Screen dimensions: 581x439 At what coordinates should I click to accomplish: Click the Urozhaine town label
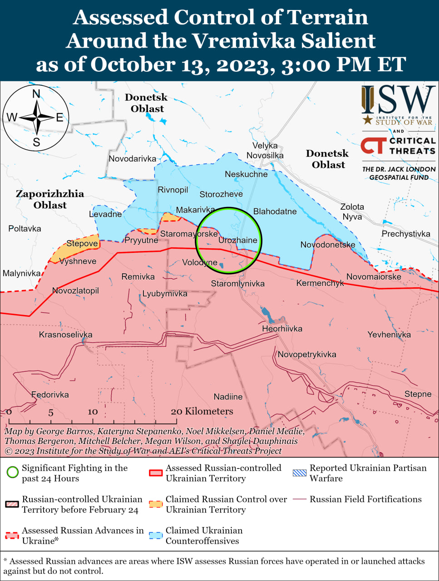point(237,240)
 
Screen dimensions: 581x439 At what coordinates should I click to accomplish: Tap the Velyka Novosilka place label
point(265,151)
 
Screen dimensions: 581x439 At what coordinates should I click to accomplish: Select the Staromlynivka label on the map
point(237,284)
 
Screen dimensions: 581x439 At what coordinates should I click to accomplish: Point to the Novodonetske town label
point(328,245)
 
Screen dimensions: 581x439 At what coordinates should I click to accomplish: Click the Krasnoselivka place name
point(65,335)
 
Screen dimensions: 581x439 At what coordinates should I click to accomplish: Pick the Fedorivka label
point(50,395)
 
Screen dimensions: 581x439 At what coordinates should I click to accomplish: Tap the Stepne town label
point(418,394)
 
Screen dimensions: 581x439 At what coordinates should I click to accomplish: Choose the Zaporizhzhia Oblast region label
point(50,199)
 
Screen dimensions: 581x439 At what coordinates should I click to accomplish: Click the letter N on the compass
point(36,94)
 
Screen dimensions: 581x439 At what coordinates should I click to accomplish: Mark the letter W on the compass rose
point(12,118)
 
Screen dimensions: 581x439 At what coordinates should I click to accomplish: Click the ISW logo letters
point(398,101)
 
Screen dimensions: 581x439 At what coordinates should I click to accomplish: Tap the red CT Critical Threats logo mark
point(374,146)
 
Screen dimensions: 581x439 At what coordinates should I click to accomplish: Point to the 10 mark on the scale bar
point(93,412)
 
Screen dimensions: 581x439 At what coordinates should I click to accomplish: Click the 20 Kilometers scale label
point(202,411)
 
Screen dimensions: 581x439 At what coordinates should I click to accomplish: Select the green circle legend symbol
point(12,473)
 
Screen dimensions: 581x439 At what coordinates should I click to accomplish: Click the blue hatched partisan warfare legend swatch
point(300,473)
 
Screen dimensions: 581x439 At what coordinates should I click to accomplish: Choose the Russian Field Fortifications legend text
point(365,499)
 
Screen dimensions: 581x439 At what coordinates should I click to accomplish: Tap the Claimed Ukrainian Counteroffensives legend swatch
point(156,535)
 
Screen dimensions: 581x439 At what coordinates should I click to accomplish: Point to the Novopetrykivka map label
point(307,355)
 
